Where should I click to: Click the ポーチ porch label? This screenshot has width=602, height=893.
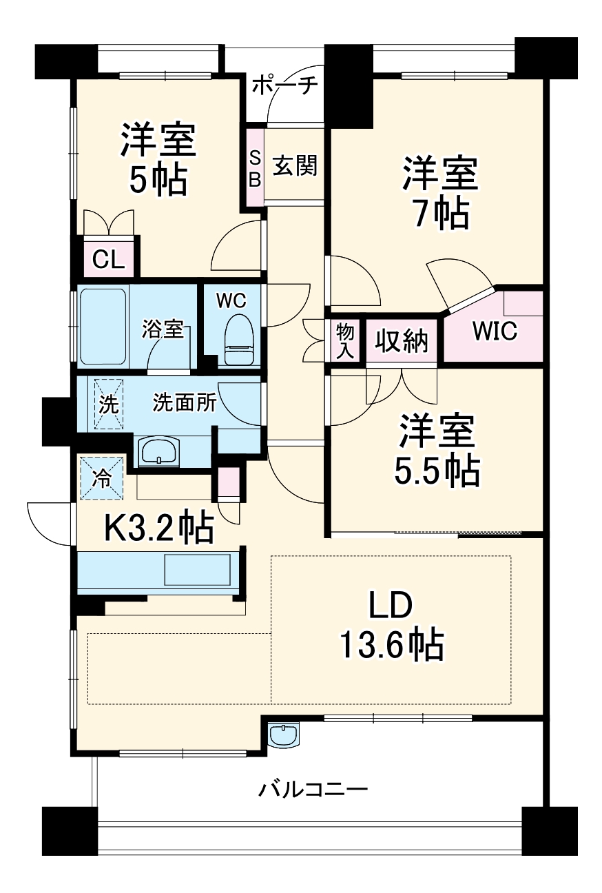click(x=285, y=85)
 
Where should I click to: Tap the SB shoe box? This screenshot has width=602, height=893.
click(x=255, y=167)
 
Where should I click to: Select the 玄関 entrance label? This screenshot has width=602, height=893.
click(x=295, y=165)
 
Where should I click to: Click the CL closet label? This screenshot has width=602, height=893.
click(x=108, y=260)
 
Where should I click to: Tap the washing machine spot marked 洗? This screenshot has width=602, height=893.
click(x=108, y=404)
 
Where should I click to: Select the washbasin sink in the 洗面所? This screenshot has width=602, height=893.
click(x=158, y=451)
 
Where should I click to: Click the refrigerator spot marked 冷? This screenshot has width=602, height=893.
click(x=101, y=478)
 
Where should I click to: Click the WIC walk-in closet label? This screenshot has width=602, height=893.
click(x=495, y=331)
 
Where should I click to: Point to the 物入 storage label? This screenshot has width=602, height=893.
click(x=345, y=341)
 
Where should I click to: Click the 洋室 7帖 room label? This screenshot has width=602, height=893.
click(x=441, y=194)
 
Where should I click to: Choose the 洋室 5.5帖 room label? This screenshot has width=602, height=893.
click(x=437, y=450)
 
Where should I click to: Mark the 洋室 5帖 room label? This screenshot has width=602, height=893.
click(x=158, y=158)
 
